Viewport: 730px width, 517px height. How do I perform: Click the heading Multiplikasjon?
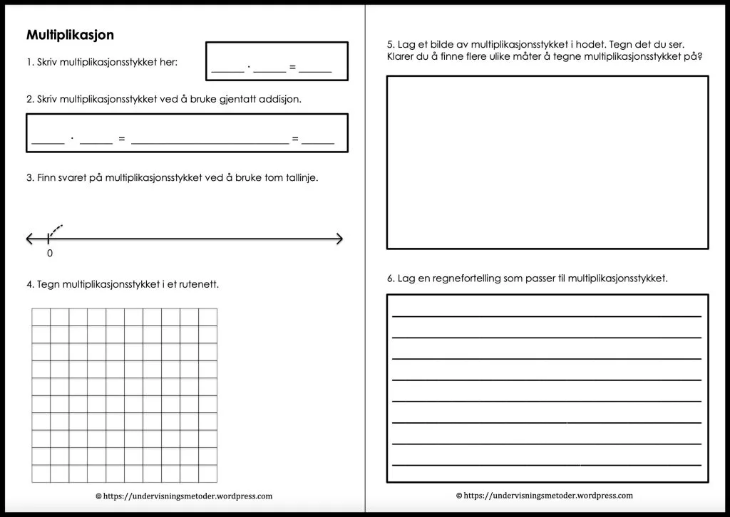tap(70, 35)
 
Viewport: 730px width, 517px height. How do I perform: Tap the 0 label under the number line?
tap(49, 253)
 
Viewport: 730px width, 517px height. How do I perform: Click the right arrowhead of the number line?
tap(339, 239)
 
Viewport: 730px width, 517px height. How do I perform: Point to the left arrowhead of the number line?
tap(30, 239)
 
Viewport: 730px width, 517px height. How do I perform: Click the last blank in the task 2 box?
tap(318, 142)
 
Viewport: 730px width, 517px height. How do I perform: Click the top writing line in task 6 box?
tap(546, 315)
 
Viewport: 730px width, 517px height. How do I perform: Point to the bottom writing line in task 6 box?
tap(546, 464)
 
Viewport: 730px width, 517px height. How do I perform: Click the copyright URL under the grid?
tap(183, 496)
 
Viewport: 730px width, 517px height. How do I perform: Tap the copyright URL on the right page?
tap(544, 496)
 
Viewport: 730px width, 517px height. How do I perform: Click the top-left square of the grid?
tap(41, 317)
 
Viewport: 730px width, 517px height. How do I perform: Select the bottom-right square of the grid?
tap(208, 474)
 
